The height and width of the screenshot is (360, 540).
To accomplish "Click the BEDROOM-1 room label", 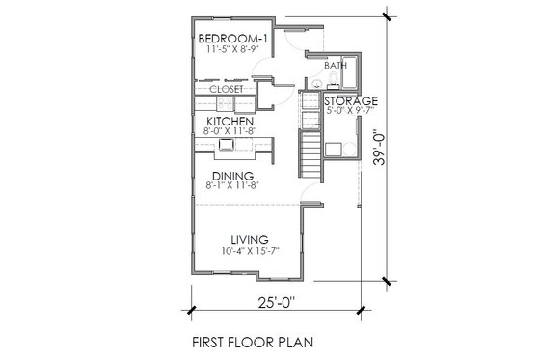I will click(x=230, y=39).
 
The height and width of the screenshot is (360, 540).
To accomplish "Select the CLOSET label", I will click(x=227, y=87).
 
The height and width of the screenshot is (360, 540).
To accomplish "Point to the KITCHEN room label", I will click(x=229, y=121).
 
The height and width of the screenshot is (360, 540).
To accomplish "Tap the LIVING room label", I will click(x=248, y=240).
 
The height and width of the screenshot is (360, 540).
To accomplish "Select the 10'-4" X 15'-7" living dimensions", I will click(x=248, y=253).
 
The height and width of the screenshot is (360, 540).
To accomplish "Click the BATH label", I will click(x=337, y=66).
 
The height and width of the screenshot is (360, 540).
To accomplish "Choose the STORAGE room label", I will click(x=350, y=99).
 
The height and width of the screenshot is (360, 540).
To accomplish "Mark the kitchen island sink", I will click(x=228, y=145).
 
